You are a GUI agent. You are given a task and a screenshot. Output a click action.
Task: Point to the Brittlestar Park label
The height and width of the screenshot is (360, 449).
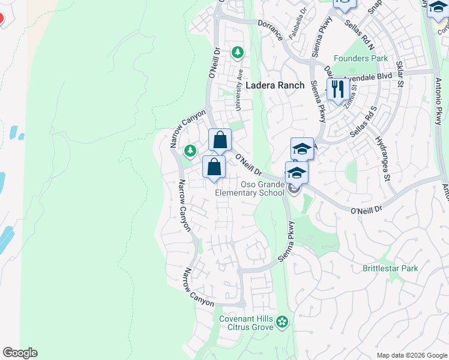(390, 268)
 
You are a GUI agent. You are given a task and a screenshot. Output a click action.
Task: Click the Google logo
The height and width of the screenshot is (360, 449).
(20, 353)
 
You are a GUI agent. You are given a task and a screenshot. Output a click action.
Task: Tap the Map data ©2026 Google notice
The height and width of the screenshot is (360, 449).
(412, 355)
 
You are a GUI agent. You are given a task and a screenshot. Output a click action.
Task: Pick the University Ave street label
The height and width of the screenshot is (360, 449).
(239, 89)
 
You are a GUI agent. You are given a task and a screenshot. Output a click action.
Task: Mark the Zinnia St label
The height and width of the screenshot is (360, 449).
(350, 95)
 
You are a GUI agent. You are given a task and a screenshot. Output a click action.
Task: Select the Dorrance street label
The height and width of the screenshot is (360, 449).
(271, 29)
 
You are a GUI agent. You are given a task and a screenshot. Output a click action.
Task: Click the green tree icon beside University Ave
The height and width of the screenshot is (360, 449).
(238, 53)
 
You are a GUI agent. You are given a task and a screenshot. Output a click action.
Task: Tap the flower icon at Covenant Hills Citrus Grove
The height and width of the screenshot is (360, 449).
(282, 323)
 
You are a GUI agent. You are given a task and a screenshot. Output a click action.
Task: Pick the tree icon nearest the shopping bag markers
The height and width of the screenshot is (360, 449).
(190, 150)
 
